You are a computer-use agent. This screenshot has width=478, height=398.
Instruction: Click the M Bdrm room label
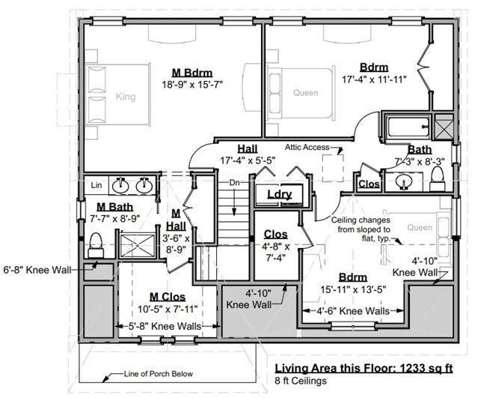[192, 73]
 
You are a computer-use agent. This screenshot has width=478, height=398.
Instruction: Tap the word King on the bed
[125, 97]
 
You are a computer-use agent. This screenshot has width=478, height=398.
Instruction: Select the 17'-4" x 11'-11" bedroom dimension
[374, 79]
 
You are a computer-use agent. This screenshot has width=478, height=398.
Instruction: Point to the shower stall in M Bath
[137, 246]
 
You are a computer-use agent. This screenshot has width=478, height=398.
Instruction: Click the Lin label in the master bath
[96, 185]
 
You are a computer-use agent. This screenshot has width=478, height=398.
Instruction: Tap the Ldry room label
[280, 194]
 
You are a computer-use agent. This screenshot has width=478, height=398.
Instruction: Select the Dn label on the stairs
[234, 183]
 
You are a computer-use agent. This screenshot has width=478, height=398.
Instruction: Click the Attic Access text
[307, 147]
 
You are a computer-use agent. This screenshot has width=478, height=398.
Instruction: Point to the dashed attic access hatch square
[333, 169]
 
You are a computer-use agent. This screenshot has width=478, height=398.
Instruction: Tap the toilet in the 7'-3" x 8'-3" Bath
[438, 179]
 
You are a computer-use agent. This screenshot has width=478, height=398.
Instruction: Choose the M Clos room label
[168, 297]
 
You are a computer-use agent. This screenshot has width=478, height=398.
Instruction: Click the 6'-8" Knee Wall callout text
[37, 270]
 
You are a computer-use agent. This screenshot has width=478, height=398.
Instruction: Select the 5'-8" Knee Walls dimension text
[165, 326]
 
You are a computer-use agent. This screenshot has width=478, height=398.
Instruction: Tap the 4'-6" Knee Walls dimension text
[353, 311]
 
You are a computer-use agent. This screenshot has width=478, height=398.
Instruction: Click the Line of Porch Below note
[159, 374]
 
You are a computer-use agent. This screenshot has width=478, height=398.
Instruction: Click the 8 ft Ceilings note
[301, 381]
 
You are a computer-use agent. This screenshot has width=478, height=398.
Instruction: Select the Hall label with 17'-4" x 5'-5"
[248, 149]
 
